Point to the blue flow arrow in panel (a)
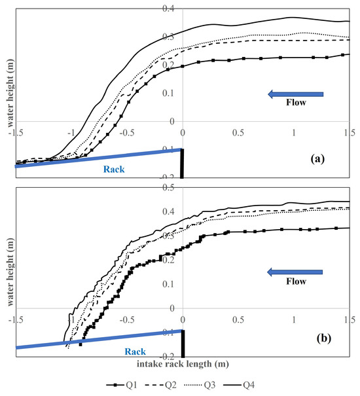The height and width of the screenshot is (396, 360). [x=296, y=95]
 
